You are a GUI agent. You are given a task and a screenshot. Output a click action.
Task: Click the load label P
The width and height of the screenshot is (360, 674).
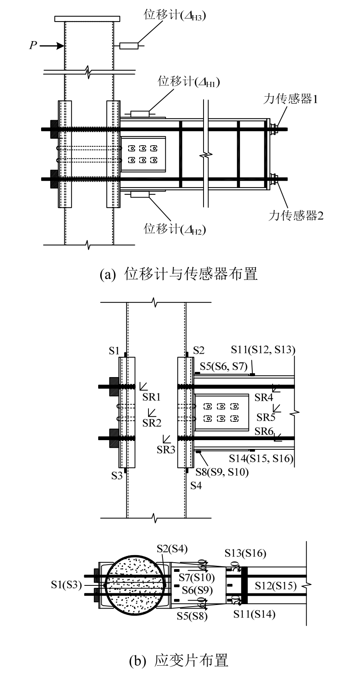[33, 45]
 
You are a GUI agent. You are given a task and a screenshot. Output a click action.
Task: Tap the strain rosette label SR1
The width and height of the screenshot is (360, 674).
[152, 397]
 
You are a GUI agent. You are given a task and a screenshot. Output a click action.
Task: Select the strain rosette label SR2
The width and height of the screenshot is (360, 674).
[151, 423]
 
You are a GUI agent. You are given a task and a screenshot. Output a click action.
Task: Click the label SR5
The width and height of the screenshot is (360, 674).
[266, 417]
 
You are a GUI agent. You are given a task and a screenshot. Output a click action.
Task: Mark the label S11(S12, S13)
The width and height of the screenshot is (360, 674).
[263, 350]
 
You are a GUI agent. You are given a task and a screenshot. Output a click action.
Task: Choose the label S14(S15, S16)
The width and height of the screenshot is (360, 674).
[261, 458]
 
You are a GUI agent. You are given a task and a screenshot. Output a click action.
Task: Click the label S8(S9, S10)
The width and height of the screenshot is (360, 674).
[222, 472]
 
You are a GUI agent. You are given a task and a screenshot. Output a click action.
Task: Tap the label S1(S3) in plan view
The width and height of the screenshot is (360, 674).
[66, 585]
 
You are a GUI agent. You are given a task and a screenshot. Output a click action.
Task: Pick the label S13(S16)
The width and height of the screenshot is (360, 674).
[245, 553]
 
